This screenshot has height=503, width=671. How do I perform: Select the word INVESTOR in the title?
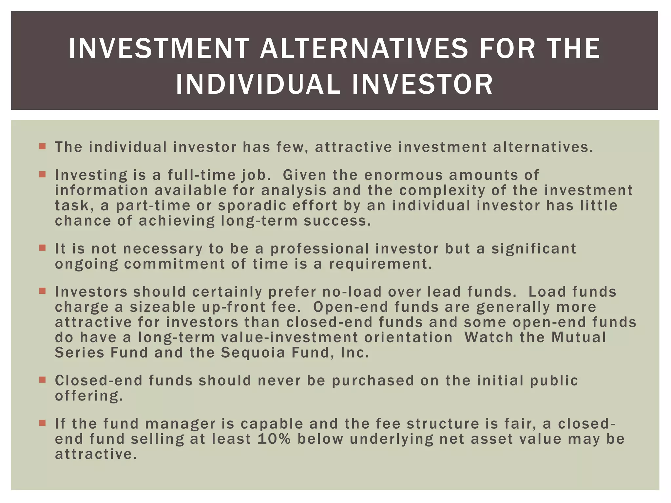(x=422, y=84)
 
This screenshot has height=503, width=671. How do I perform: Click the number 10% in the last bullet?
(x=274, y=439)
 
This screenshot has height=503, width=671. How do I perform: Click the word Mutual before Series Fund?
(x=579, y=338)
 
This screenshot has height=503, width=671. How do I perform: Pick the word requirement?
(x=380, y=264)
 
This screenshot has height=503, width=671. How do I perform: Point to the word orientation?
(x=408, y=338)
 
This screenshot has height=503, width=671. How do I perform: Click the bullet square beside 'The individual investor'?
(x=42, y=146)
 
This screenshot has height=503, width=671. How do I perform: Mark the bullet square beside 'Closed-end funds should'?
(x=42, y=380)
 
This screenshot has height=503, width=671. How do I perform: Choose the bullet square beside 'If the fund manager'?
(x=42, y=423)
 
